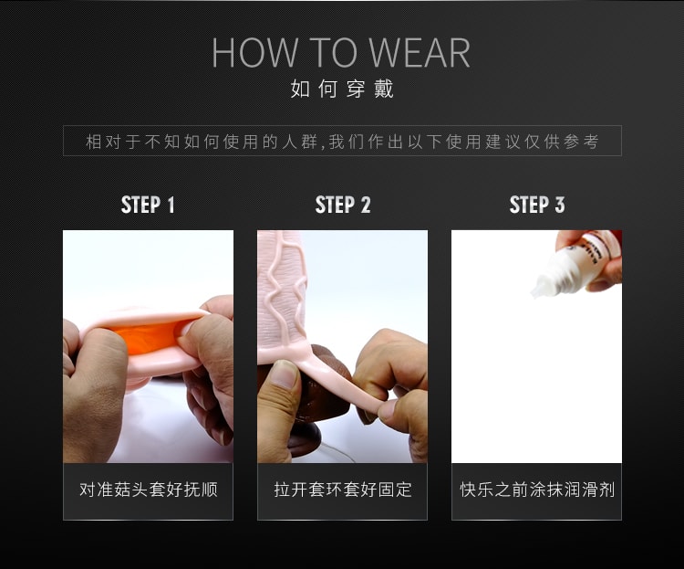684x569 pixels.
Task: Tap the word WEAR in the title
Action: click(x=420, y=52)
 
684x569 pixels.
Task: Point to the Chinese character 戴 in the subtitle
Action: click(x=384, y=89)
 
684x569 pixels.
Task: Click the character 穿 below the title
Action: click(x=356, y=89)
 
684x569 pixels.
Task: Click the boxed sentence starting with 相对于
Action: click(x=342, y=142)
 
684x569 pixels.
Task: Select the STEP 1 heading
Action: click(x=148, y=205)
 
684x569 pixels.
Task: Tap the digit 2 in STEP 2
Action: click(x=365, y=205)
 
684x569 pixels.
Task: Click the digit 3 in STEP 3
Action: click(x=559, y=205)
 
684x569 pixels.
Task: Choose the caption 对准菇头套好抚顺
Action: click(x=149, y=490)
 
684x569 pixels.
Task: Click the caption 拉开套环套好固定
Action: click(x=343, y=490)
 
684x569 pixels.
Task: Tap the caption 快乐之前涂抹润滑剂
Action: click(x=537, y=490)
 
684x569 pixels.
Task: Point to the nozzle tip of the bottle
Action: click(x=534, y=294)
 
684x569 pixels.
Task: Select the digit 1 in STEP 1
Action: click(x=171, y=205)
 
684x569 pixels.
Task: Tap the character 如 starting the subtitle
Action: click(x=300, y=89)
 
